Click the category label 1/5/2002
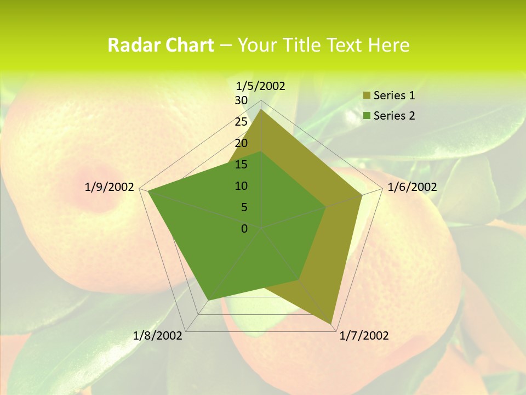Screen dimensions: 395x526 [260, 86]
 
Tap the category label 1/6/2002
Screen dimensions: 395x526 [412, 187]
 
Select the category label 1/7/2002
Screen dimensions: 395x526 [364, 336]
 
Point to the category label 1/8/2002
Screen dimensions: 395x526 [158, 336]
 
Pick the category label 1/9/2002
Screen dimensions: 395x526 [110, 187]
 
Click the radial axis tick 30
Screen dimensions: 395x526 [241, 100]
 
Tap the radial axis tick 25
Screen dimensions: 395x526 [241, 122]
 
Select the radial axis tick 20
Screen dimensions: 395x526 [241, 143]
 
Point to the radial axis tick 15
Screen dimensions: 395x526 [241, 165]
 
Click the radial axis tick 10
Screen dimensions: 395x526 [241, 186]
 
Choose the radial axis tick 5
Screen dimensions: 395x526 [244, 207]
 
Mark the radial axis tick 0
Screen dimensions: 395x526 [244, 228]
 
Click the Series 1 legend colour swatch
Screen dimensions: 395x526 [367, 96]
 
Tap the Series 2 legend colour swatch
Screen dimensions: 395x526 [367, 116]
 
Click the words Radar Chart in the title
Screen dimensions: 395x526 [161, 45]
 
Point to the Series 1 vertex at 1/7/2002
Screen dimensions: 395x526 [331, 324]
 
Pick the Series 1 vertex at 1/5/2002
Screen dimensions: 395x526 [261, 109]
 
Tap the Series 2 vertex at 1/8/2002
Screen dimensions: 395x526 [208, 300]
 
